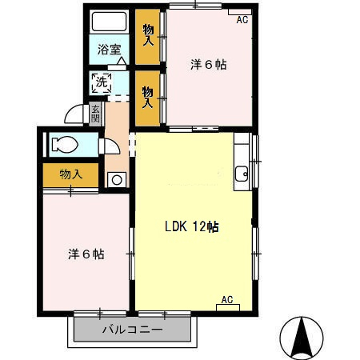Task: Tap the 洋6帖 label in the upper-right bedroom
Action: click(x=209, y=65)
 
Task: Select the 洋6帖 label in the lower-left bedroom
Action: click(x=86, y=254)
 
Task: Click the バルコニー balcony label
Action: click(x=133, y=330)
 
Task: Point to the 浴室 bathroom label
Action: click(x=110, y=49)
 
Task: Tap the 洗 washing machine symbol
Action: click(x=101, y=80)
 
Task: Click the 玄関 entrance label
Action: click(x=96, y=114)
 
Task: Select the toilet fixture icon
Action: click(x=62, y=146)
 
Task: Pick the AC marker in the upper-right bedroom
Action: click(x=242, y=20)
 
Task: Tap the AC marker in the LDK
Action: click(x=226, y=300)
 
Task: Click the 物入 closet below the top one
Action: click(x=148, y=97)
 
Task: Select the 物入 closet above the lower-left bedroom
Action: click(x=70, y=174)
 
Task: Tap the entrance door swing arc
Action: click(x=74, y=114)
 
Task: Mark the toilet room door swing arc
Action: click(x=110, y=147)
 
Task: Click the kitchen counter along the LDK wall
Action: click(x=242, y=160)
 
